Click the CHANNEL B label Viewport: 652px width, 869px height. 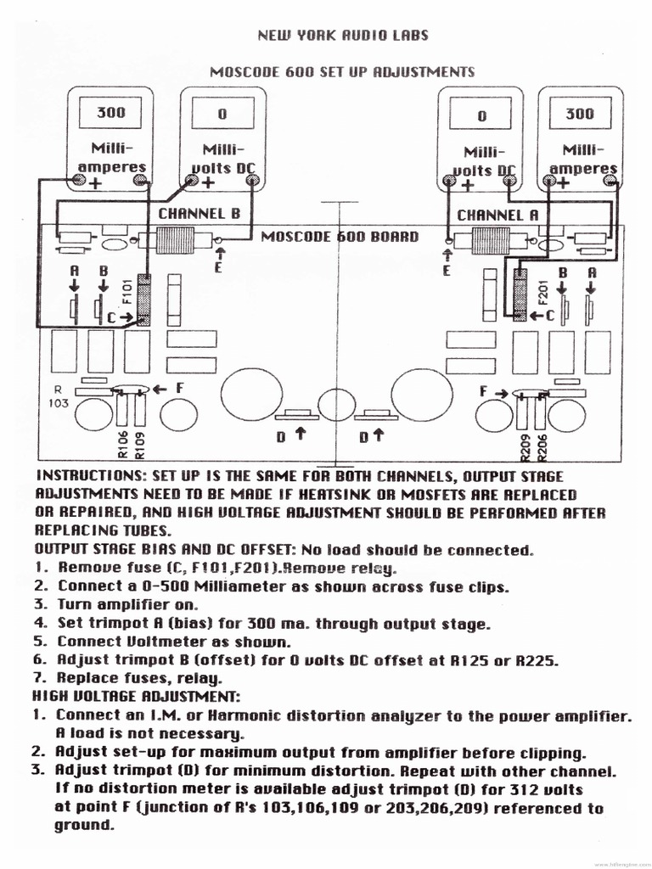(199, 214)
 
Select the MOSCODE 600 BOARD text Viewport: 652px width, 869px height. (339, 236)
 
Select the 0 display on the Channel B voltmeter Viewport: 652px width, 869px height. (223, 113)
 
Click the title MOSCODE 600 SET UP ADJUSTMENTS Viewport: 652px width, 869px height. (341, 72)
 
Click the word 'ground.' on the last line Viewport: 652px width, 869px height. (84, 826)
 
